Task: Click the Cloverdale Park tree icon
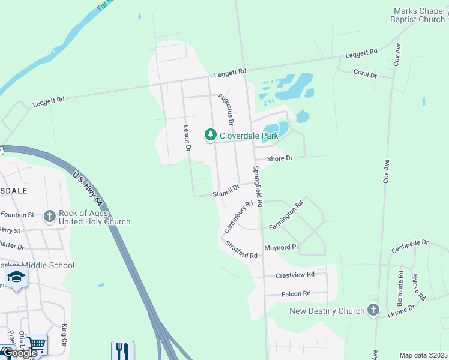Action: pos(211,135)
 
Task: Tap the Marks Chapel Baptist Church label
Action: pos(420,16)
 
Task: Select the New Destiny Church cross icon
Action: pos(373,310)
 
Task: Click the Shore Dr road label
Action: pos(279,158)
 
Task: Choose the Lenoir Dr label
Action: pos(187,137)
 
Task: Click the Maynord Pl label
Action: pos(281,247)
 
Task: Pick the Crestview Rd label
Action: pos(295,274)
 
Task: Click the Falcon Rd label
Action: pos(296,293)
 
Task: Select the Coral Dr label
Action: pos(365,75)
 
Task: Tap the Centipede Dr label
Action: pos(409,243)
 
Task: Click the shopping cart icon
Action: pos(37,344)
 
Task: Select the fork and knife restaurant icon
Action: pos(122,350)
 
